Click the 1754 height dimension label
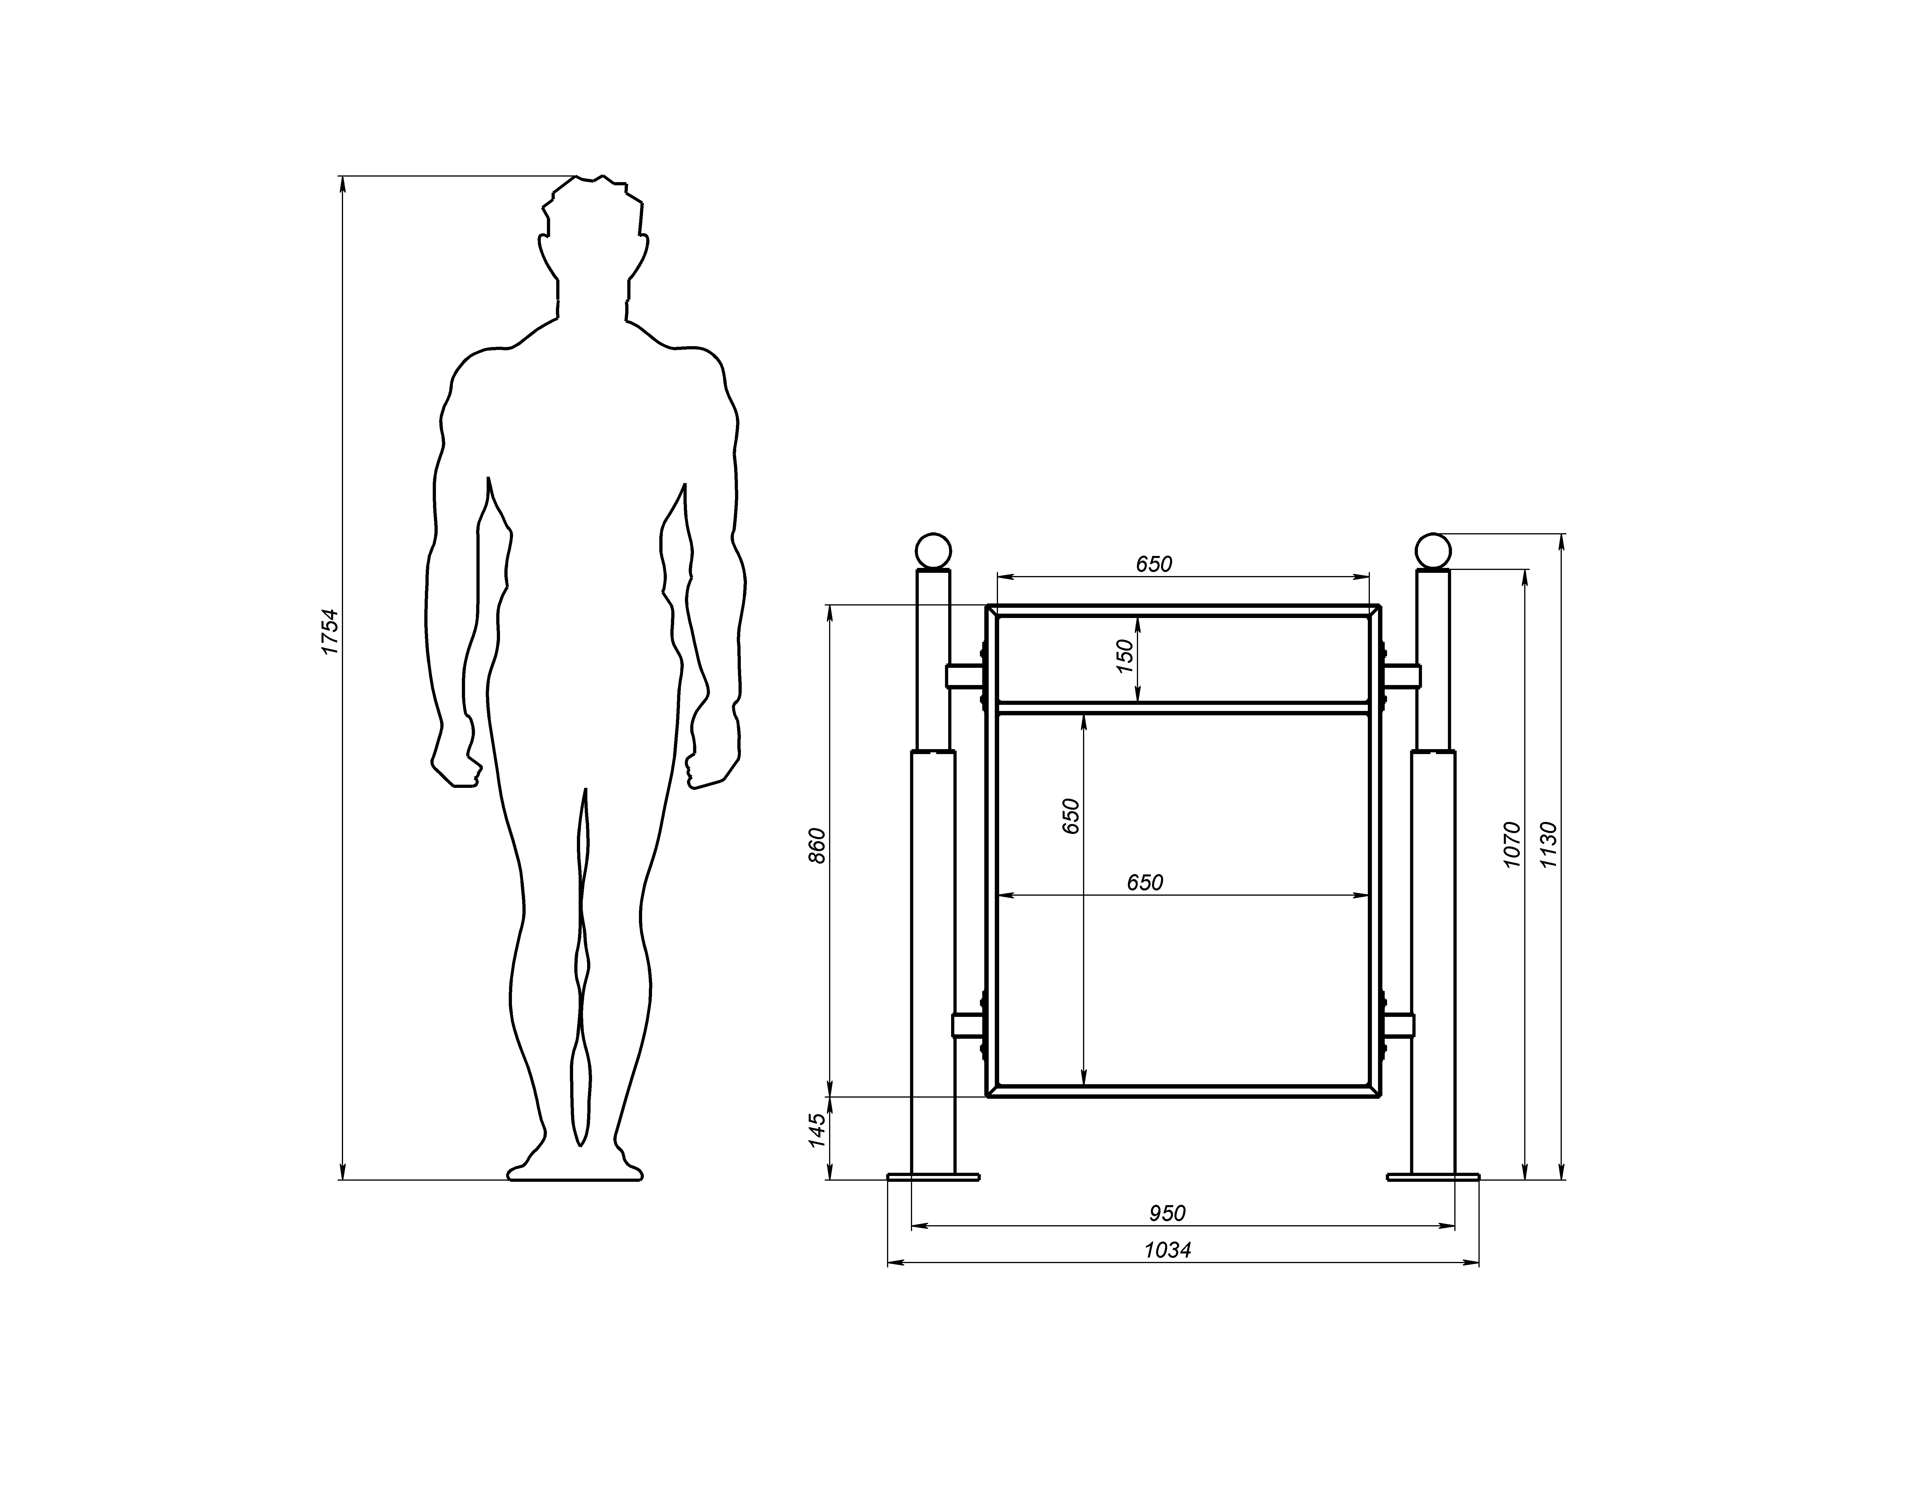click(329, 631)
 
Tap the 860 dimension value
click(817, 846)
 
